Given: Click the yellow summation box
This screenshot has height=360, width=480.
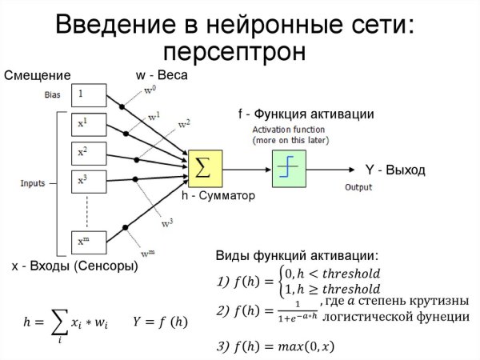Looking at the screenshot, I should coord(205,167).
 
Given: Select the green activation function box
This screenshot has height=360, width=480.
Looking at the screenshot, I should coord(288,168).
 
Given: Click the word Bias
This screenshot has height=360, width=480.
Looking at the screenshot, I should coord(52,96).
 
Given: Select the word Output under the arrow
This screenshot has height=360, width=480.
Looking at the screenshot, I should coord(358,187).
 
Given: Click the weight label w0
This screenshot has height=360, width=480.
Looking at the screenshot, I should coord(150,91).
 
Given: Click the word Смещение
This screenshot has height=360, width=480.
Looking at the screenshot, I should coord(38,76).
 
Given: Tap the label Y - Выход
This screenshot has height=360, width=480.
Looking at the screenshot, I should coord(395,170).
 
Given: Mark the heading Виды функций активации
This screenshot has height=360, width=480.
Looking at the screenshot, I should coord(297,256).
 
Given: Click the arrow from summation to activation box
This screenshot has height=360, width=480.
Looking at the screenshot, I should coord(246,168).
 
